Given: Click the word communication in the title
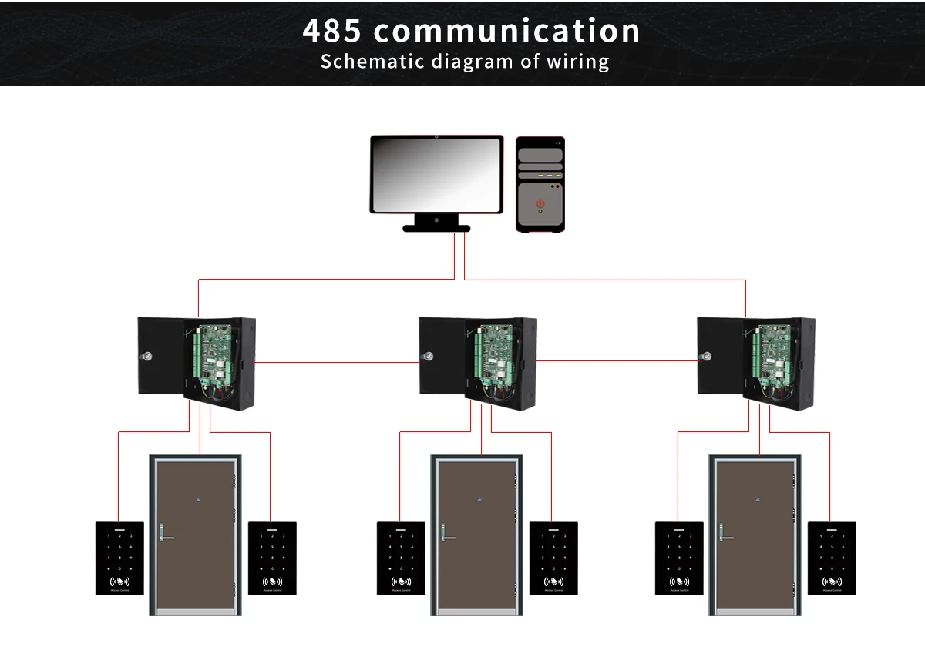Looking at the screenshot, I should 506,32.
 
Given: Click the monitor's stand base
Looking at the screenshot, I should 436,227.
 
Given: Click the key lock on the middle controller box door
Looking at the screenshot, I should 428,357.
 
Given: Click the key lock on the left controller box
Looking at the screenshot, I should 146,357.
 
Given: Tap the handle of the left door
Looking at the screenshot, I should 165,536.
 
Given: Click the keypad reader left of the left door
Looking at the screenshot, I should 119,558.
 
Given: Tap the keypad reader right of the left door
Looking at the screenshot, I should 272,558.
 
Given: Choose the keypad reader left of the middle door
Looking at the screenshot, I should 401,558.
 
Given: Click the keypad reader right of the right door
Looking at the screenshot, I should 832,558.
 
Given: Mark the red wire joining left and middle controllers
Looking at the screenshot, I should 337,360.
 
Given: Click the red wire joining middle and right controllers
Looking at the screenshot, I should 617,360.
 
